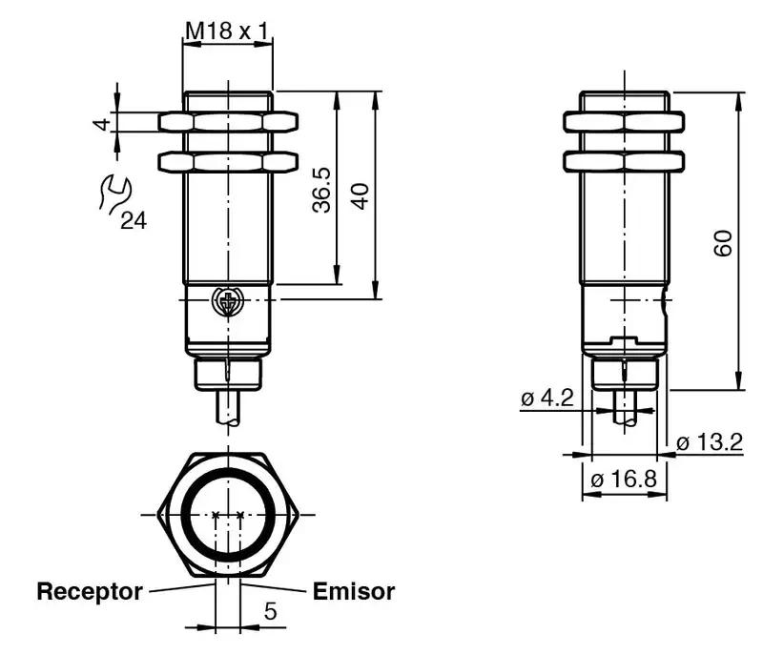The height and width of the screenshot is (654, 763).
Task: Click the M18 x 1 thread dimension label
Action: point(227,31)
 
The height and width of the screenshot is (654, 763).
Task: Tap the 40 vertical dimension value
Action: point(361,195)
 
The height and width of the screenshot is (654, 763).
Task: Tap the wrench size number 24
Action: point(134,221)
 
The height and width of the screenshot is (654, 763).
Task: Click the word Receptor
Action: point(90,591)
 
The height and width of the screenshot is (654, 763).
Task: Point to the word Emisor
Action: point(353,591)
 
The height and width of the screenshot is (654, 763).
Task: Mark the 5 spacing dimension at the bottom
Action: point(270,611)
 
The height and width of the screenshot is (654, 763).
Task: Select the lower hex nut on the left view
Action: point(228,160)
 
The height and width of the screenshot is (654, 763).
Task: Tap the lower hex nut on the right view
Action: point(625,160)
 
